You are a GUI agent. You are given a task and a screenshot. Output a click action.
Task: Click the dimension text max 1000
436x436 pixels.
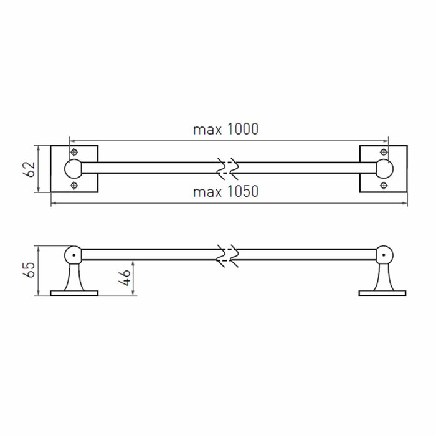pyautogui.click(x=225, y=130)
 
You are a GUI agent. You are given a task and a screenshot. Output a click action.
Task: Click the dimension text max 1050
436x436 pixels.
pyautogui.click(x=225, y=192)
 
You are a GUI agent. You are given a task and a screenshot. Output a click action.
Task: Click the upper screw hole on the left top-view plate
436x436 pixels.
pyautogui.click(x=74, y=152)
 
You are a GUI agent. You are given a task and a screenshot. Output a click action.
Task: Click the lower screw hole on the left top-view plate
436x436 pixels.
pyautogui.click(x=74, y=186)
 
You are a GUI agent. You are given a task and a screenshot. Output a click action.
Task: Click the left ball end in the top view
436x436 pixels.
pyautogui.click(x=73, y=169)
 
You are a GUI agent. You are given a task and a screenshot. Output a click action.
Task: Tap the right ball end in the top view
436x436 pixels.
pyautogui.click(x=384, y=169)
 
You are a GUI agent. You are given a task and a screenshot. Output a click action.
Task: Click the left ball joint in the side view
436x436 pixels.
pyautogui.click(x=73, y=254)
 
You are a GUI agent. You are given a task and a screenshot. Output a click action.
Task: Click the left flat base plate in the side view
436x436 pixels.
pyautogui.click(x=74, y=292)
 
